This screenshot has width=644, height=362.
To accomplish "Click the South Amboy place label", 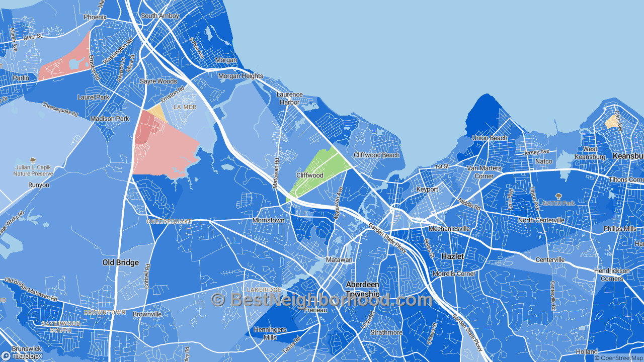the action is [160, 16].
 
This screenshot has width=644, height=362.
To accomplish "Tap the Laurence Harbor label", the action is [290, 98].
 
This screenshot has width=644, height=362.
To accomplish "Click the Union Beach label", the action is [490, 138].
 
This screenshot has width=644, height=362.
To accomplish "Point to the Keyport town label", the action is [427, 190].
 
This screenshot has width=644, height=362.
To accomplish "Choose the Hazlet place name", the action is [452, 256].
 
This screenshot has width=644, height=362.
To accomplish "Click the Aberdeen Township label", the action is [363, 289].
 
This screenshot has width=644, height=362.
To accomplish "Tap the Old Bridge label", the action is [121, 262].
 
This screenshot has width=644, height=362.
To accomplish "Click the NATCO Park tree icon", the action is [558, 197].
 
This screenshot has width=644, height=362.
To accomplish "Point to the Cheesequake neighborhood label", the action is [169, 221].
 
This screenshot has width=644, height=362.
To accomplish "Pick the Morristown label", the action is [268, 220].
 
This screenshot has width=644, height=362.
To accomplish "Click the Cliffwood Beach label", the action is [376, 155].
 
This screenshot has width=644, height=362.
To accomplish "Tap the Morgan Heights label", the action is [240, 76].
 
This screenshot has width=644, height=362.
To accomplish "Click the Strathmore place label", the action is [386, 332].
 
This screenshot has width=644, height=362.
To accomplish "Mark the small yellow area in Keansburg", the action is [612, 121].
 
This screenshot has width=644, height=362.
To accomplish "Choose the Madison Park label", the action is [110, 119].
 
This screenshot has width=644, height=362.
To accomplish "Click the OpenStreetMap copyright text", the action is [619, 358].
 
